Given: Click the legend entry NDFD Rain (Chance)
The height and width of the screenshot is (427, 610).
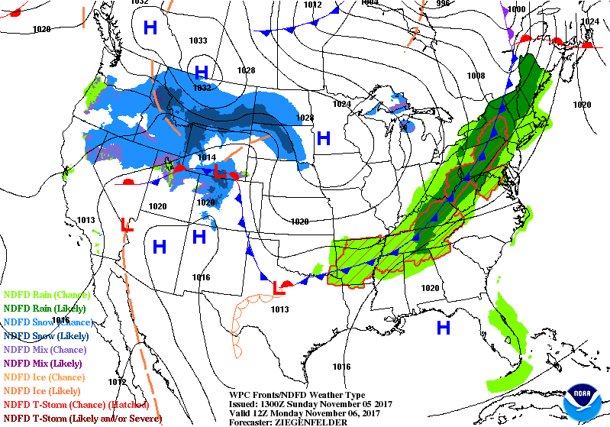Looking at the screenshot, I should tap(47, 294).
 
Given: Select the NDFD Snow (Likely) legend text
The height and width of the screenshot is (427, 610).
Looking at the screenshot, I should tap(47, 335).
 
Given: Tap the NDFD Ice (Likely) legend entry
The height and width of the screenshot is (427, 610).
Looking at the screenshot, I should tap(44, 390).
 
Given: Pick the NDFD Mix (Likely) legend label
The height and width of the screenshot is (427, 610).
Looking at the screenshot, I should tap(44, 363).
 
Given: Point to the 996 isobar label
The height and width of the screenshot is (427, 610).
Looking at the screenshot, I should tap(421, 3).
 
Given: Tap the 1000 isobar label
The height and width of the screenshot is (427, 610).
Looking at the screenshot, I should tap(517, 9).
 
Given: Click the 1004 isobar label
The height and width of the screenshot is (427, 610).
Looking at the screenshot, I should tap(369, 3).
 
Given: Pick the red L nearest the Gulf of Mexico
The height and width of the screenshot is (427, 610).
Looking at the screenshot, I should tap(276, 287).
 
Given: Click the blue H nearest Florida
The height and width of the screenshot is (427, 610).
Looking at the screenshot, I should tap(443, 328).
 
